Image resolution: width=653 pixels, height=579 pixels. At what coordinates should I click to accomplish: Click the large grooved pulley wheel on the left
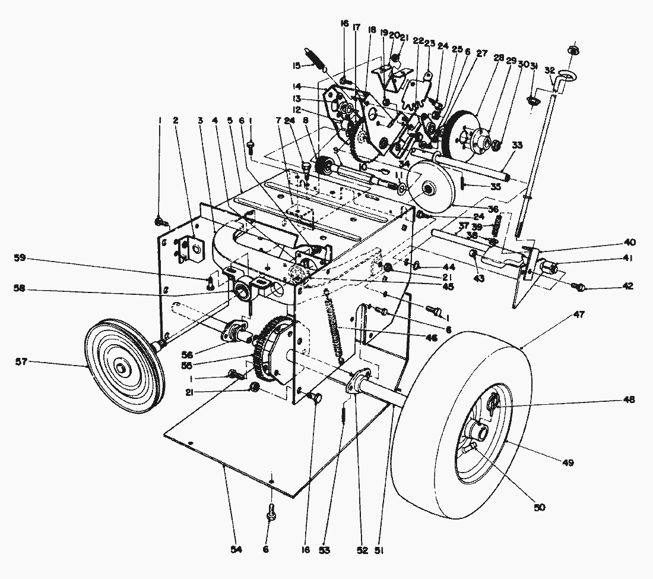point(122,368)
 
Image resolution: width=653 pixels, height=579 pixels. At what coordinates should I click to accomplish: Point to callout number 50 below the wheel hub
point(539,507)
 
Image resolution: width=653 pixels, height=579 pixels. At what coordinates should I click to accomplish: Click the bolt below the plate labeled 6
point(271,512)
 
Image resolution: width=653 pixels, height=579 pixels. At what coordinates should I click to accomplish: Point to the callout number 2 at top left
point(176,121)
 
